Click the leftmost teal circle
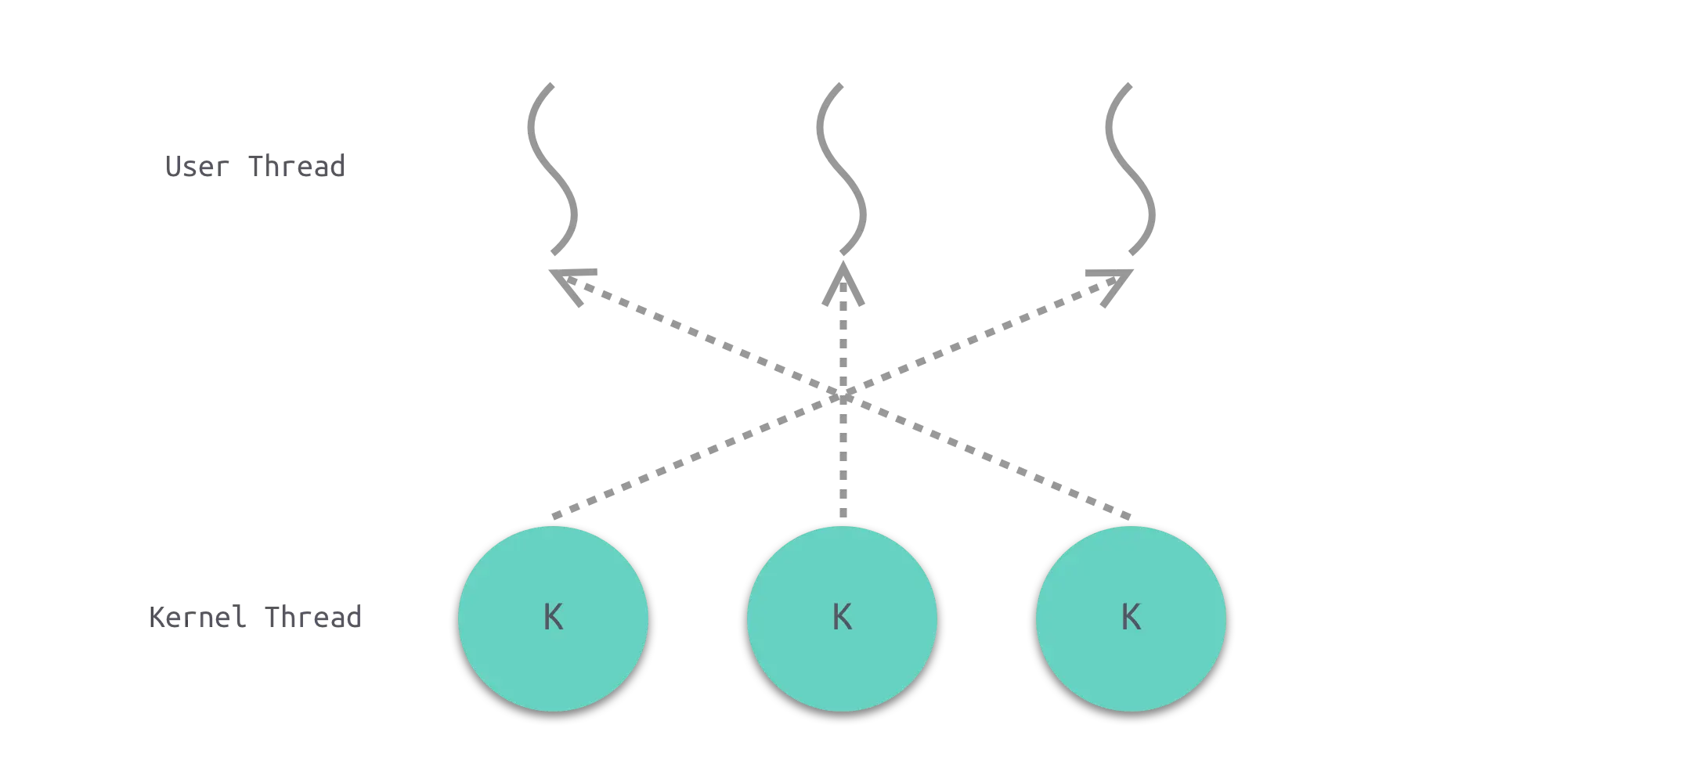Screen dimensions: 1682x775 pos(553,618)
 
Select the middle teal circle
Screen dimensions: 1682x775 pos(842,618)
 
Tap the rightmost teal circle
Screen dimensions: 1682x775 pos(1131,618)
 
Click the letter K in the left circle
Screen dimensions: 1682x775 pos(553,618)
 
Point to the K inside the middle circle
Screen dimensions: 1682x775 pos(842,618)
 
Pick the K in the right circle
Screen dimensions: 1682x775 pos(1131,618)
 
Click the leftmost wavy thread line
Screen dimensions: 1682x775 pos(554,168)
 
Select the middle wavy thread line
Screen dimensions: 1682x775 pos(843,168)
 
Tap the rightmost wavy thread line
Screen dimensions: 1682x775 pos(1131,168)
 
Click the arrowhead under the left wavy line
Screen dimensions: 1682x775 pos(573,282)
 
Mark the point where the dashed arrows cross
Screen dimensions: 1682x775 pos(844,391)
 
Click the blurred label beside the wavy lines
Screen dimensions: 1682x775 pos(253,167)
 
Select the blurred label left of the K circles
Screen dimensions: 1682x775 pos(256,618)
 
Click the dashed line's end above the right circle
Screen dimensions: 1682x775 pos(1129,515)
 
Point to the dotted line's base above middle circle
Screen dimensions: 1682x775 pos(844,515)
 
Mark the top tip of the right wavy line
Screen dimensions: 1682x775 pos(1128,85)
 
